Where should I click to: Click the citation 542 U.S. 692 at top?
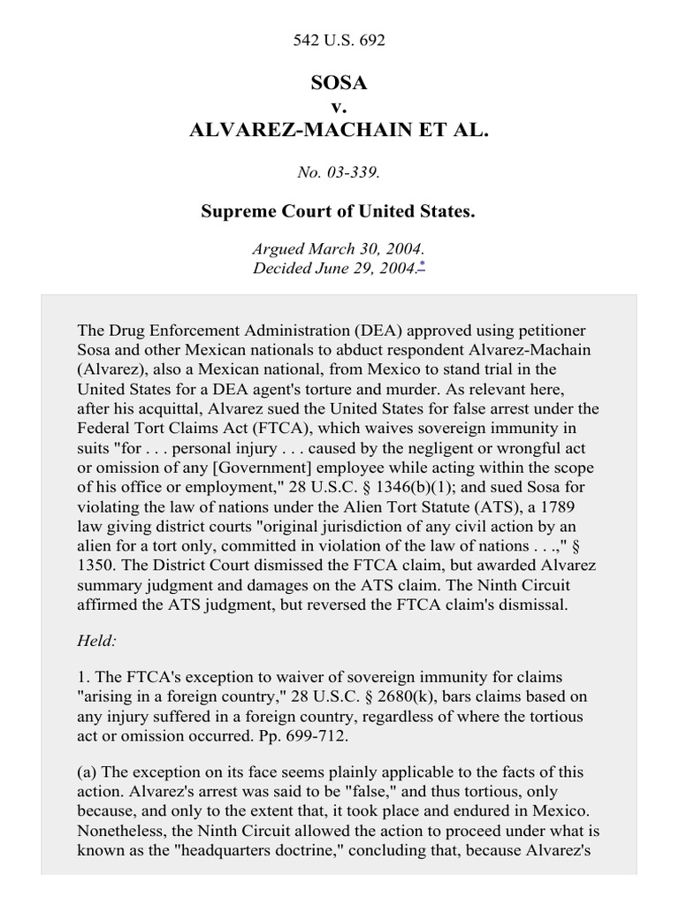tap(339, 41)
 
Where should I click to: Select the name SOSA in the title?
tap(339, 84)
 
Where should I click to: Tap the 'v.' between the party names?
tap(339, 107)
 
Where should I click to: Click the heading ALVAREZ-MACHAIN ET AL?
tap(339, 131)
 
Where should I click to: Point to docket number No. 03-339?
tap(339, 172)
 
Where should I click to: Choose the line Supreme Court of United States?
tap(339, 212)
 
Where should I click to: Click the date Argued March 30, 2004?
tap(339, 251)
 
